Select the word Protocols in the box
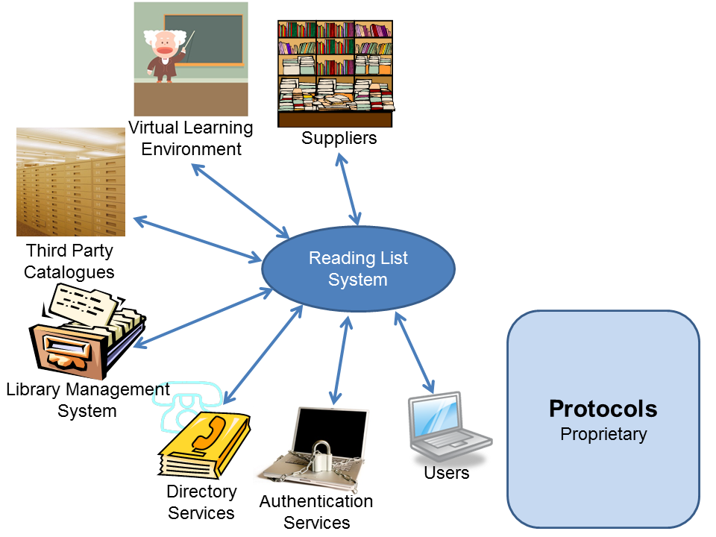[603, 409]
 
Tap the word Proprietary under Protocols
[603, 433]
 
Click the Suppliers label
[339, 138]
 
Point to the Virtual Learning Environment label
[191, 138]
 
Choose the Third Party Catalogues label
[69, 260]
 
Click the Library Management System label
[87, 400]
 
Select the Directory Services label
[201, 502]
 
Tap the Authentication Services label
[316, 512]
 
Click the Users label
[446, 473]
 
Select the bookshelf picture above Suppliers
[335, 72]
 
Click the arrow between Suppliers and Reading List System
[349, 188]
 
